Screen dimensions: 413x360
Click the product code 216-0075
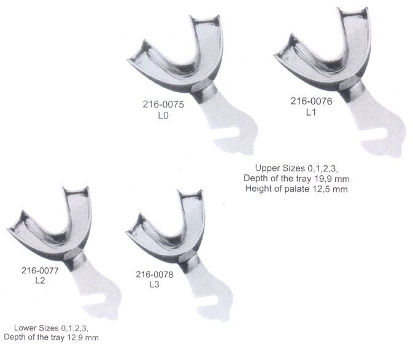(x=163, y=104)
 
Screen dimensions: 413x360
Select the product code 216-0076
(x=311, y=101)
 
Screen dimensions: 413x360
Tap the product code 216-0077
(x=40, y=270)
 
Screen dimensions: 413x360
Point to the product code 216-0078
(x=155, y=275)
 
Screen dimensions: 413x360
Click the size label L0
(x=163, y=115)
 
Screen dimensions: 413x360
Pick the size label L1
(x=311, y=112)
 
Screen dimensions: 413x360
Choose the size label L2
(x=40, y=281)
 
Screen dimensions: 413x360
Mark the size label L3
(x=155, y=284)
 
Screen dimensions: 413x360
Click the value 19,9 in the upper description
(x=321, y=179)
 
